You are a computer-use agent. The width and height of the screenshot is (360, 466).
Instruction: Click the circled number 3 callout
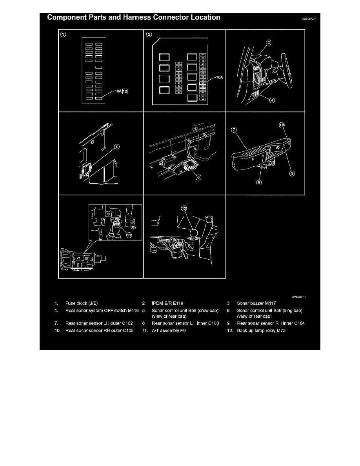point(268,42)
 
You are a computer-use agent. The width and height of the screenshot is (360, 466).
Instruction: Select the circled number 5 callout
point(116,147)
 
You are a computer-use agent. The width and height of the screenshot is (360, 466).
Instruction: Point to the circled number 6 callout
point(198,177)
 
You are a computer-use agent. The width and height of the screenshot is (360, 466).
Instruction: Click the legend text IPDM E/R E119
point(167,303)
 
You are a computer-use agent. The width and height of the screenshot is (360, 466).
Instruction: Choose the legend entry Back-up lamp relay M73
point(260,331)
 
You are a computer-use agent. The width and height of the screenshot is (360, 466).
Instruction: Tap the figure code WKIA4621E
point(298,297)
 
